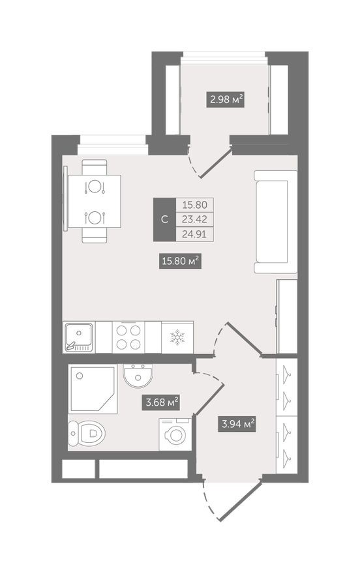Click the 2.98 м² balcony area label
pos(226,100)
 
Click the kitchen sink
pos(79,338)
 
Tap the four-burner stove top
pos(128,338)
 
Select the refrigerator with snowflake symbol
pos(177,338)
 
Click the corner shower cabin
pos(92,390)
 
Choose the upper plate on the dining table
pos(96,187)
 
